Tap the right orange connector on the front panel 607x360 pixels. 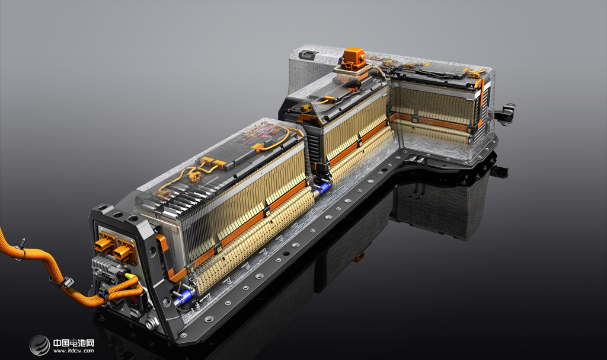tap(123, 253)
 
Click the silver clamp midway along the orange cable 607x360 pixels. tap(66, 283)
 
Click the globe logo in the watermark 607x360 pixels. tap(40, 345)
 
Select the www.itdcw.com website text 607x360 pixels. tap(74, 351)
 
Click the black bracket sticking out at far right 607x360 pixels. tap(506, 111)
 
